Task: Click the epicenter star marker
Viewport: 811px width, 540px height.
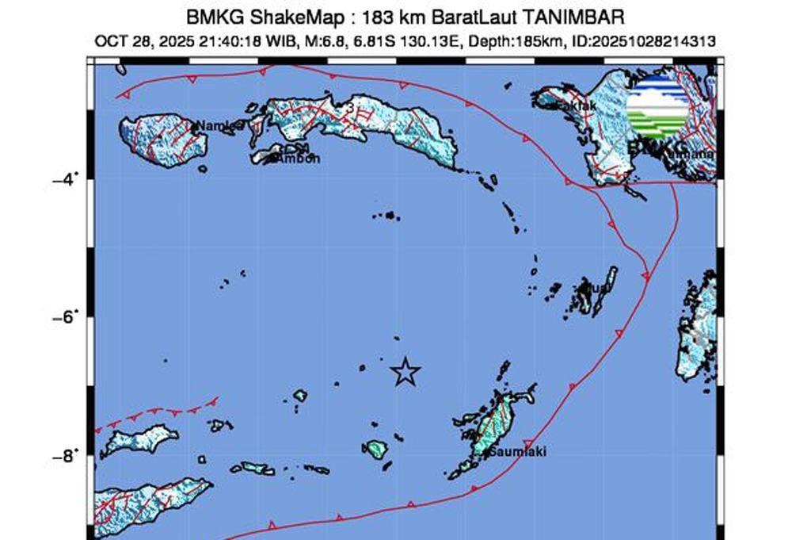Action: click(405, 371)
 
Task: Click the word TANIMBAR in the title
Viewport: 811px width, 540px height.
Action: click(575, 16)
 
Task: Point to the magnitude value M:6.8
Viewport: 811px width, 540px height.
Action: click(317, 40)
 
